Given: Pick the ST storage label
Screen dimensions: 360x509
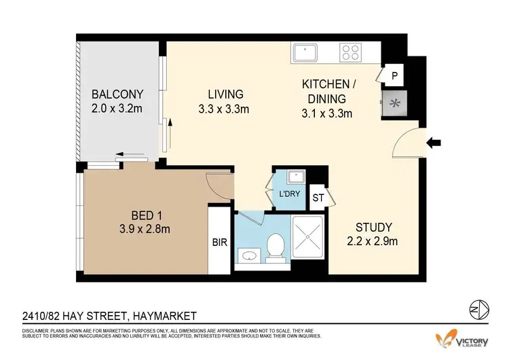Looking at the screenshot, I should [x=317, y=198].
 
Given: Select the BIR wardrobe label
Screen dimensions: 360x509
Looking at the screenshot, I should [x=219, y=241].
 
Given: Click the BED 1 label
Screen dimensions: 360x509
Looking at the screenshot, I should [x=141, y=216].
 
